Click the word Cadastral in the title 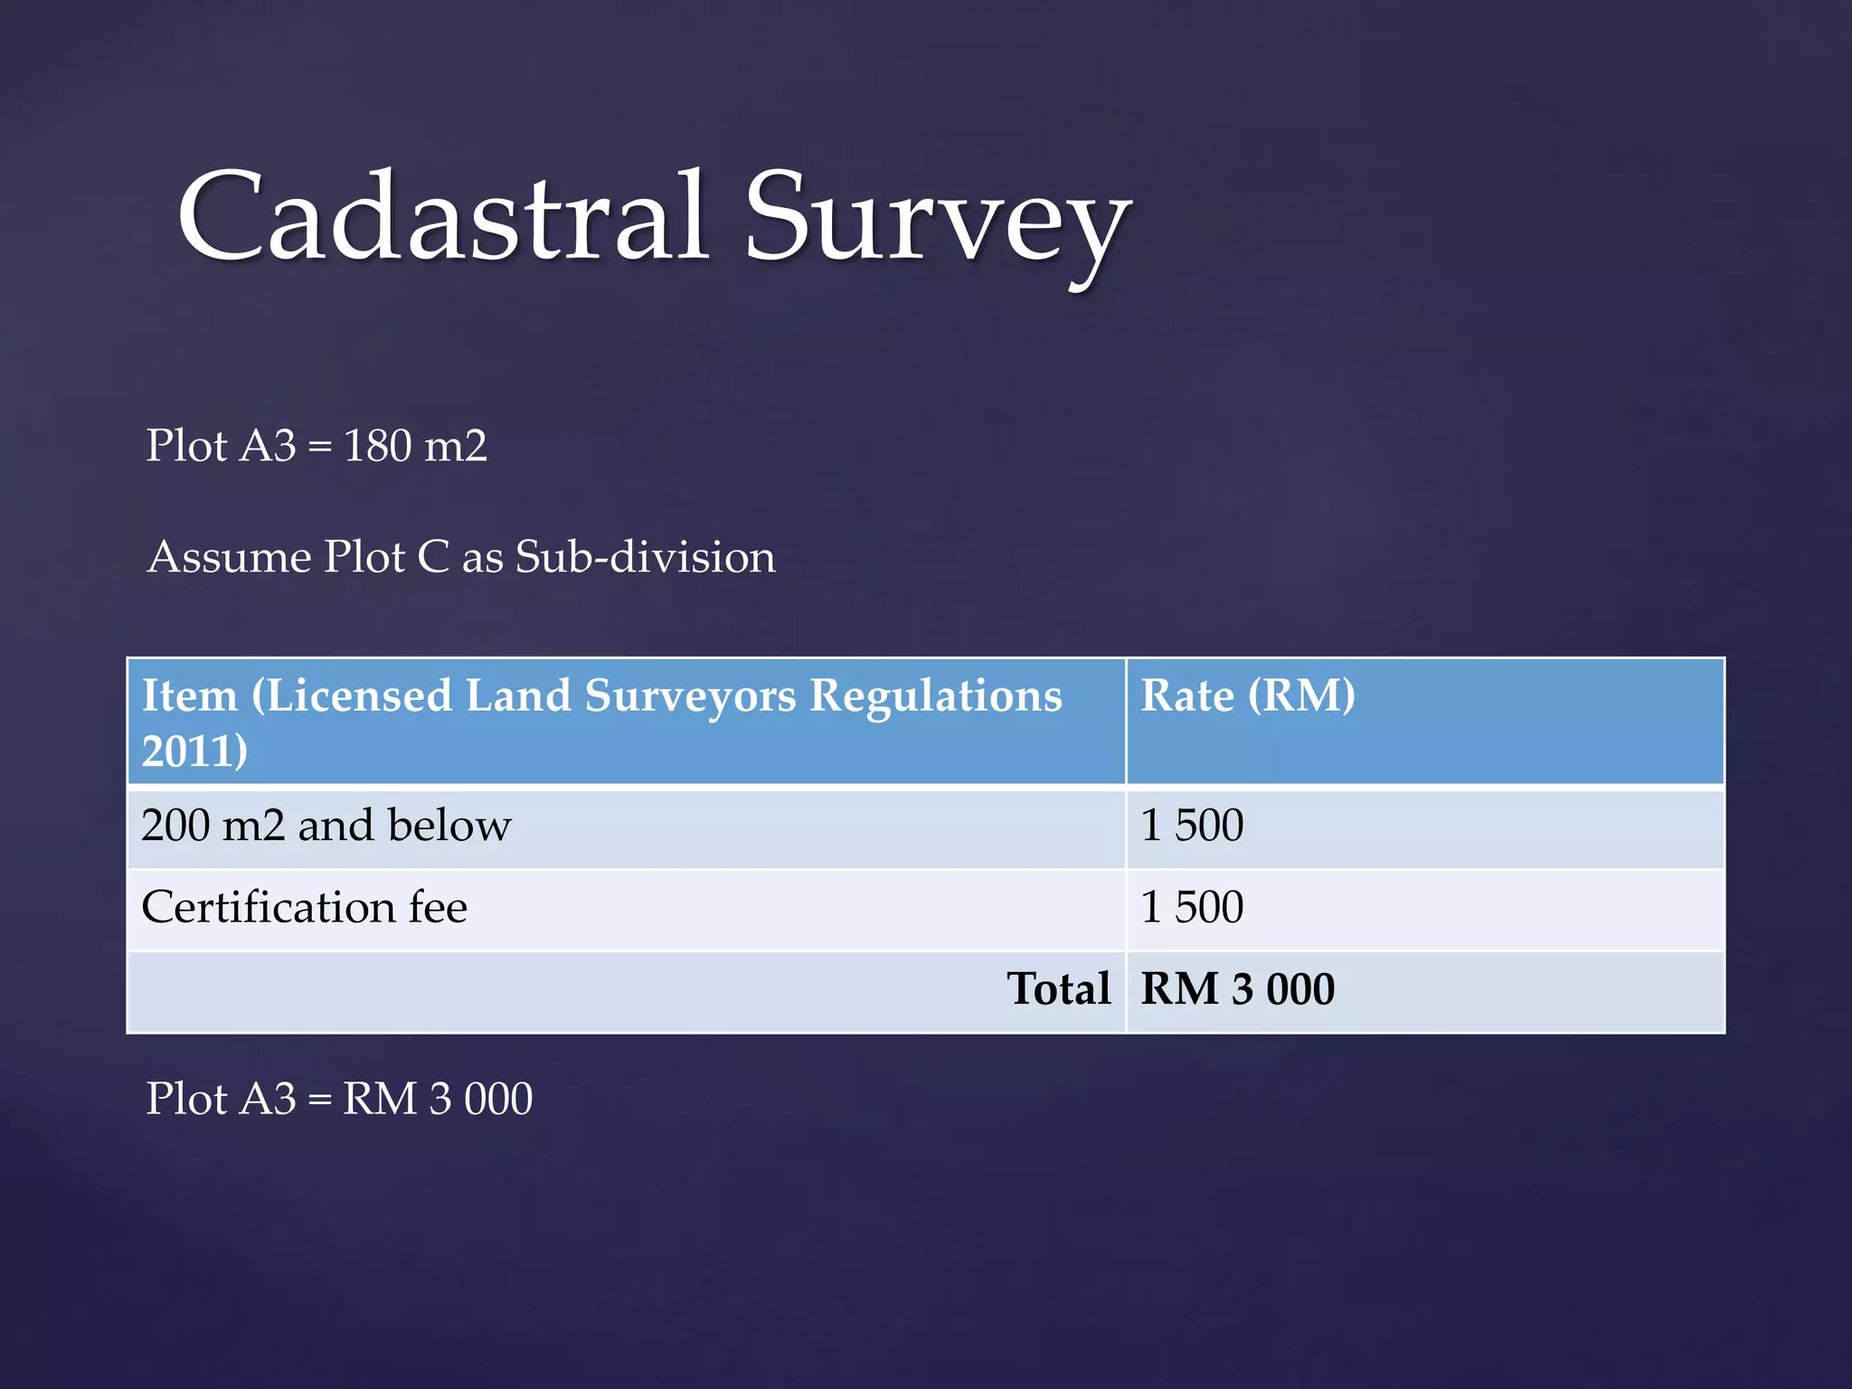(x=443, y=217)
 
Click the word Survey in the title (x=937, y=222)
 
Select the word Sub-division (x=645, y=557)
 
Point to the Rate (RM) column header (x=1248, y=695)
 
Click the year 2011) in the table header (x=194, y=751)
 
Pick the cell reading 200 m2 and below (x=326, y=826)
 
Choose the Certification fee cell (x=305, y=907)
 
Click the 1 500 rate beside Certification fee (x=1192, y=907)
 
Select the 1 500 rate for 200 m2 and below (x=1192, y=826)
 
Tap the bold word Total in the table (x=1058, y=988)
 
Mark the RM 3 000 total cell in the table (x=1237, y=988)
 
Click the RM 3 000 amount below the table (x=438, y=1099)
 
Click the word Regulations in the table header (x=935, y=697)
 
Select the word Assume (x=230, y=557)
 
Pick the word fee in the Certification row (x=438, y=907)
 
